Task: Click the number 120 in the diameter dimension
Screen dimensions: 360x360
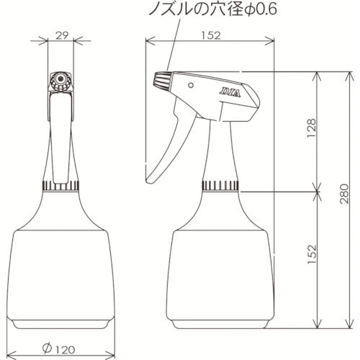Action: click(66, 348)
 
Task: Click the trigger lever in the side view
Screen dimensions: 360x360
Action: click(167, 148)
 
